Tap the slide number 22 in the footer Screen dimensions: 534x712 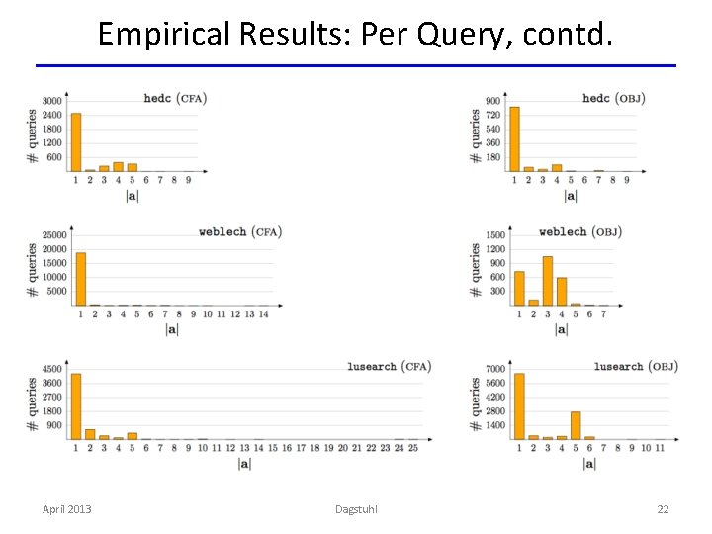(663, 509)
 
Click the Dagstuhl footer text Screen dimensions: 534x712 (356, 509)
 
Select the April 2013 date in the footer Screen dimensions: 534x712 (67, 509)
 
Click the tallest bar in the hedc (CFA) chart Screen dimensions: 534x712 (76, 142)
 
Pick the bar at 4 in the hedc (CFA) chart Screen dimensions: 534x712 (118, 167)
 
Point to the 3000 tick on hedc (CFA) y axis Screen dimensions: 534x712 (51, 101)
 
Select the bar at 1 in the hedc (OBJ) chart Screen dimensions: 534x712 (514, 138)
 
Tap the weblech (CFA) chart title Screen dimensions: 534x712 (240, 231)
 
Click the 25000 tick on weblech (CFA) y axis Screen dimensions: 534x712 (53, 235)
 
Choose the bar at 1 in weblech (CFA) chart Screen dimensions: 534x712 (81, 279)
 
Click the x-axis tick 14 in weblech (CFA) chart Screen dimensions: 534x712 (263, 314)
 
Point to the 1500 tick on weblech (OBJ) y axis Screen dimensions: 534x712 (494, 235)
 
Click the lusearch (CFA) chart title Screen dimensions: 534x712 (389, 366)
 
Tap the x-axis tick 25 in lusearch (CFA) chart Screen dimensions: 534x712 (412, 448)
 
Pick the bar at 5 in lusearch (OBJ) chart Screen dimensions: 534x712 (576, 425)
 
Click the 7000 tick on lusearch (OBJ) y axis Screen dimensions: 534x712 (494, 369)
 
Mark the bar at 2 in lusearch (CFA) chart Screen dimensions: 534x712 (90, 434)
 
